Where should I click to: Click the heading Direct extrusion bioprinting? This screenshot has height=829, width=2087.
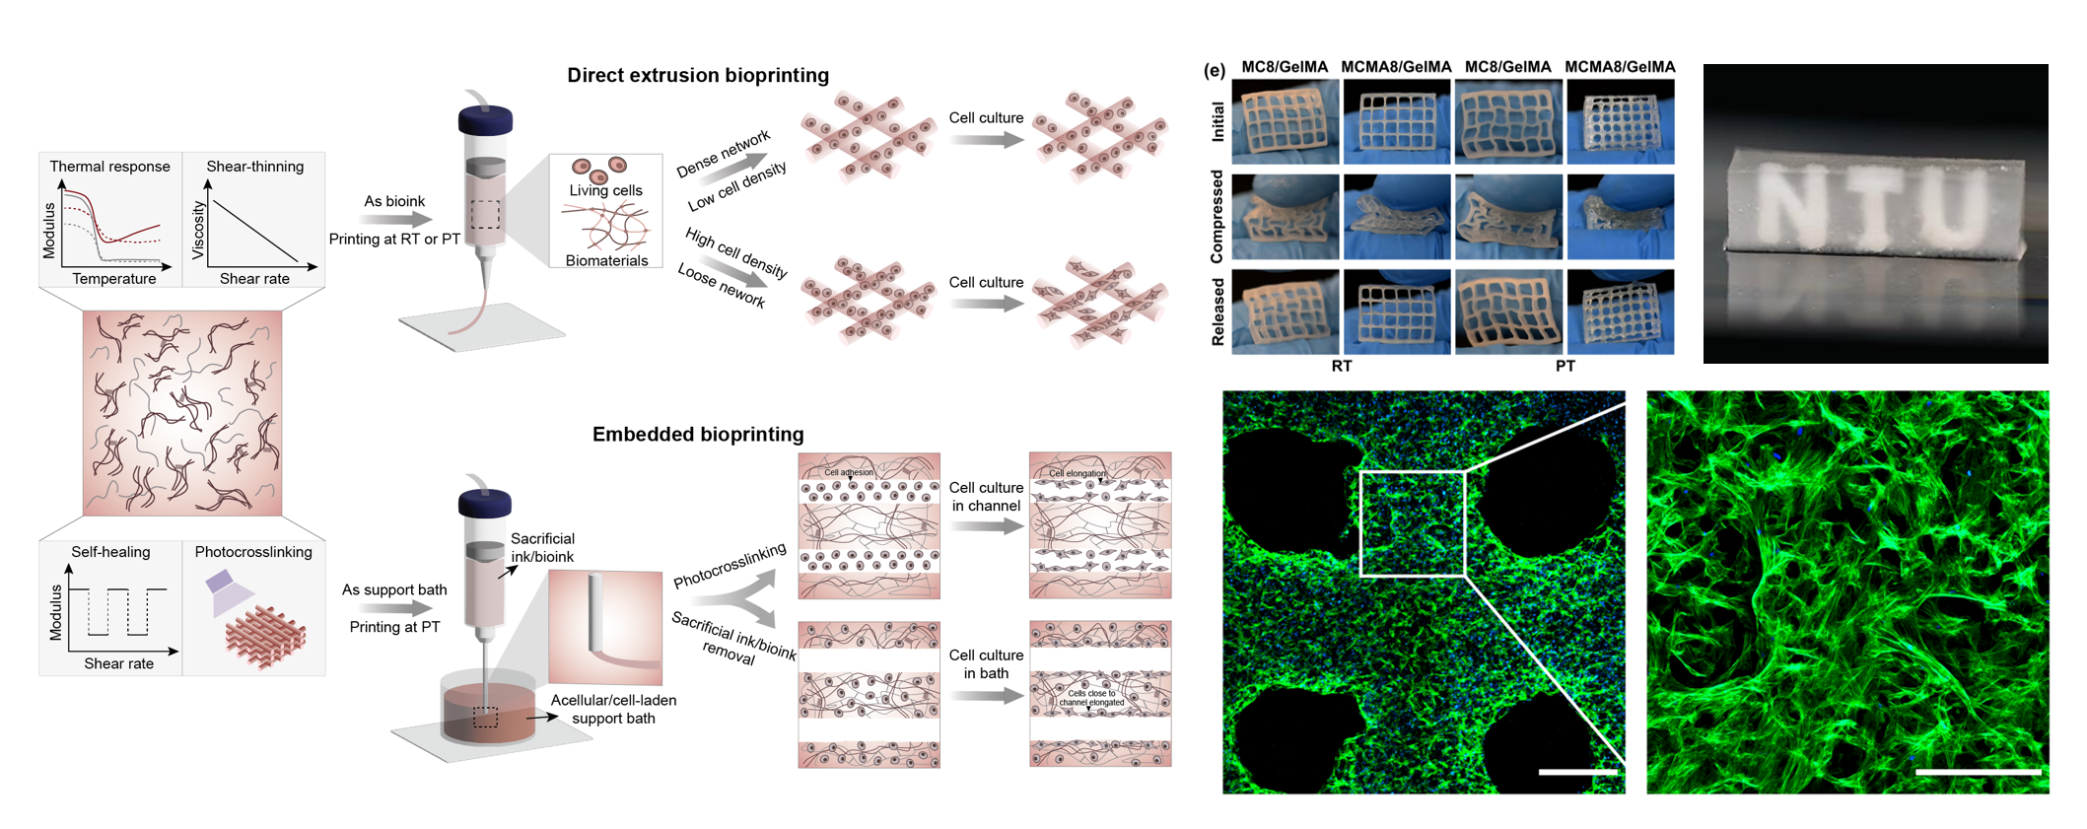(x=697, y=76)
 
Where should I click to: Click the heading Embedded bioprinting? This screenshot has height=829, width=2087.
(x=697, y=435)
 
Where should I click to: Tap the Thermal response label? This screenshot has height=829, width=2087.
(x=109, y=167)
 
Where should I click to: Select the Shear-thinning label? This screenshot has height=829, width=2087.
(x=254, y=167)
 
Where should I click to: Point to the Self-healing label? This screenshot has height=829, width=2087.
(x=110, y=552)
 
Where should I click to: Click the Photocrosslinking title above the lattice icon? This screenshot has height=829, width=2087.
(x=253, y=552)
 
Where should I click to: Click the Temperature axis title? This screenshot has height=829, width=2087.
(x=113, y=279)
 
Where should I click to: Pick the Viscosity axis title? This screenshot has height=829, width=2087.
(x=198, y=231)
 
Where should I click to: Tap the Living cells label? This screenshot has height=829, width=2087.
(x=605, y=190)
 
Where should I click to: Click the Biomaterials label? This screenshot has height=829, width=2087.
(x=606, y=260)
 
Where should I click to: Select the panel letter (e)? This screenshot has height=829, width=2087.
(x=1214, y=70)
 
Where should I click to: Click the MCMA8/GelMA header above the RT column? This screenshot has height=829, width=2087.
(x=1396, y=67)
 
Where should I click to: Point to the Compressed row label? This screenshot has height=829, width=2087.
(x=1217, y=217)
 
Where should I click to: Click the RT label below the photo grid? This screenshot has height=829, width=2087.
(x=1342, y=366)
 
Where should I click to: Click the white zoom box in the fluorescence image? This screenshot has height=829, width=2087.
(x=1413, y=523)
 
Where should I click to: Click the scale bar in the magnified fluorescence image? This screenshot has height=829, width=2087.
(x=1978, y=772)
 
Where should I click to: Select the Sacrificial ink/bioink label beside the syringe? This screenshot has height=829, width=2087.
(x=542, y=548)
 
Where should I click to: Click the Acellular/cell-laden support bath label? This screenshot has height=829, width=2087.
(x=613, y=709)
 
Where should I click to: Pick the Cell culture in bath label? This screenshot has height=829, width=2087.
(x=986, y=664)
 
